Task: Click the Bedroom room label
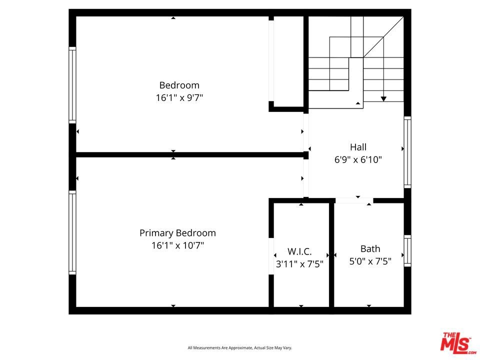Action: tap(179, 85)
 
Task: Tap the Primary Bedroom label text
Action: tap(177, 233)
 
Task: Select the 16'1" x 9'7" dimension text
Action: tap(179, 97)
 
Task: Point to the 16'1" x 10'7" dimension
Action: tap(177, 245)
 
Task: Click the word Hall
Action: tap(358, 147)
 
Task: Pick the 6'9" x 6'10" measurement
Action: tap(358, 159)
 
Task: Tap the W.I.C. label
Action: tap(299, 251)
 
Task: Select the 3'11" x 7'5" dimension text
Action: tap(299, 264)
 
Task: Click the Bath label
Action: tap(370, 249)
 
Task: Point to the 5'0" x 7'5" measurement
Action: tap(370, 261)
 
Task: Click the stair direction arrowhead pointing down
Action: tap(383, 99)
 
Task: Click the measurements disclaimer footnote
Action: tap(239, 348)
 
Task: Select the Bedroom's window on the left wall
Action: tap(72, 85)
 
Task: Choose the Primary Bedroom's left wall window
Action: tap(72, 232)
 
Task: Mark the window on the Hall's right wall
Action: tap(407, 152)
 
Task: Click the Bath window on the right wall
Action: tap(407, 250)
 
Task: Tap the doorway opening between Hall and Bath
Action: tap(354, 200)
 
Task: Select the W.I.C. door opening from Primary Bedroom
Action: tap(271, 256)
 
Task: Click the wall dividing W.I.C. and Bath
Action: tap(331, 254)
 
